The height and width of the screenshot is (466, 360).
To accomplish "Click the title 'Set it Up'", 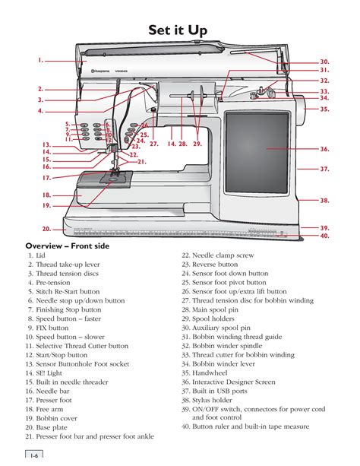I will [x=180, y=30].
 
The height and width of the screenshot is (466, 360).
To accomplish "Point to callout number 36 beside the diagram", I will [x=324, y=150].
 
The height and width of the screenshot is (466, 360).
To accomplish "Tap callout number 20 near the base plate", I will [x=46, y=228].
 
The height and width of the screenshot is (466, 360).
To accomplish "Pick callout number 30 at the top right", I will [x=324, y=61].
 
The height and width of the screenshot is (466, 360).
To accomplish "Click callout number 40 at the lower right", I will [x=324, y=236].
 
